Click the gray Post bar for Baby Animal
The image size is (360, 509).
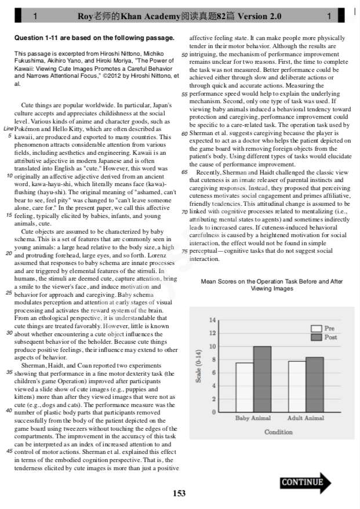[262, 379]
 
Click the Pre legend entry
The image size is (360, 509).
[323, 328]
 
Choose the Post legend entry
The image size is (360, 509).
[323, 337]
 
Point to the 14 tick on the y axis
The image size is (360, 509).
[212, 320]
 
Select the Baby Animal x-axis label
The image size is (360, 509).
[253, 417]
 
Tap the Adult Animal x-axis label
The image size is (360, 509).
[306, 417]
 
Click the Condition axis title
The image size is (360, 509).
[278, 432]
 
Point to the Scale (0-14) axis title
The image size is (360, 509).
[198, 366]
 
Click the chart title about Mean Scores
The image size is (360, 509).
[272, 285]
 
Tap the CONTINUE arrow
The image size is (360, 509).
[305, 482]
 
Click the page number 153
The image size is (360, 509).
[180, 493]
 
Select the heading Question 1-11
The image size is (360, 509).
[94, 38]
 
